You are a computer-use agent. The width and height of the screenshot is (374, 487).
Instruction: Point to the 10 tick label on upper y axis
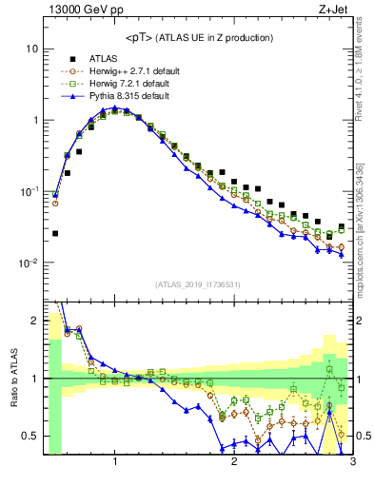pos(31,49)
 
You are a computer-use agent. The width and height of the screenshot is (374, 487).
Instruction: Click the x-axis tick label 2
pos(234,462)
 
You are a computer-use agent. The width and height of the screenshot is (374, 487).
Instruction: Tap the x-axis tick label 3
pos(352,462)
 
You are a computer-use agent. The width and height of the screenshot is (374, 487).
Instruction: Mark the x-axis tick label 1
pos(115,462)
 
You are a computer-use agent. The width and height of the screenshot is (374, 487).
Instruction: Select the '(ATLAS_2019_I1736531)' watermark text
pos(198,284)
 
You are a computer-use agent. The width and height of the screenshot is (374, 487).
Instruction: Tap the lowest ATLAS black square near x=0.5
pos(55,233)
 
